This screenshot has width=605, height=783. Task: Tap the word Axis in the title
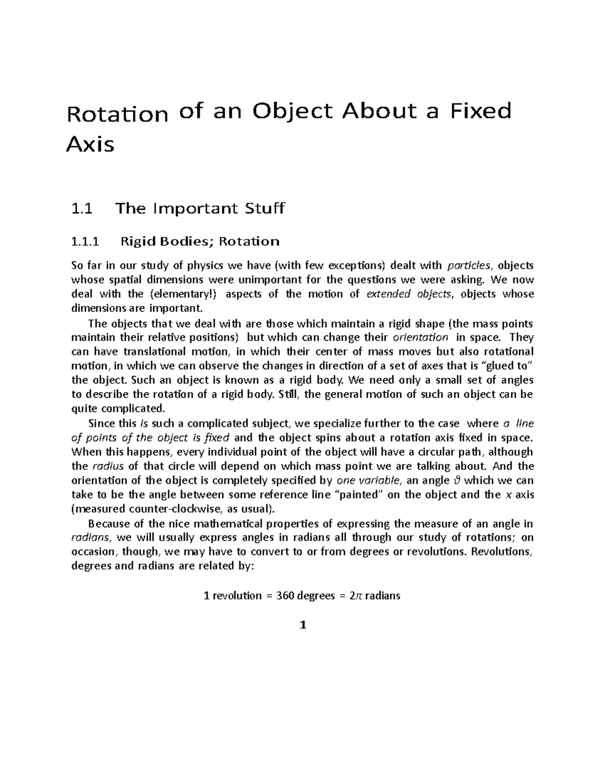coord(90,145)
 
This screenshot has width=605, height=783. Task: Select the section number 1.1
coord(82,208)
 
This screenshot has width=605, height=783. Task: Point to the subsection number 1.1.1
coord(86,242)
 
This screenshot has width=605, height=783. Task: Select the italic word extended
coord(388,294)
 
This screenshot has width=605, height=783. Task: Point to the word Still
coord(288,394)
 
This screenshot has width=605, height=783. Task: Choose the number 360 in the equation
coord(283,595)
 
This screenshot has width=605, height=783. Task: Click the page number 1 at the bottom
coord(302,626)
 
